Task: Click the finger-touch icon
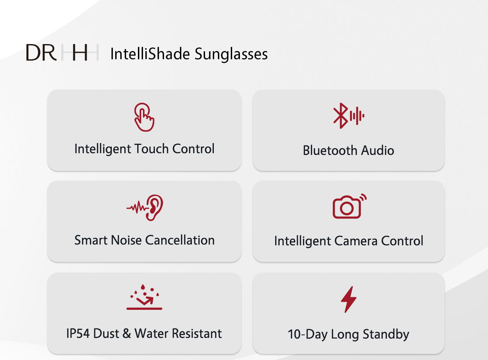(144, 117)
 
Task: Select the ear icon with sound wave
(145, 208)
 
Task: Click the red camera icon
(349, 206)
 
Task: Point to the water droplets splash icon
(144, 297)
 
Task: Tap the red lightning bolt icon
(349, 299)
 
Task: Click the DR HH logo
(62, 52)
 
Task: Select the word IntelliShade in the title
(150, 54)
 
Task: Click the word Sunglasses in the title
(231, 54)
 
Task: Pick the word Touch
(151, 148)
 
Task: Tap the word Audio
(378, 150)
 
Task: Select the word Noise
(126, 240)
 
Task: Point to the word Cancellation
(180, 240)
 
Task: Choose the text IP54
(78, 334)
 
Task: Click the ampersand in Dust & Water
(127, 334)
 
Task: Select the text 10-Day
(308, 335)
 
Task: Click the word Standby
(386, 335)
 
